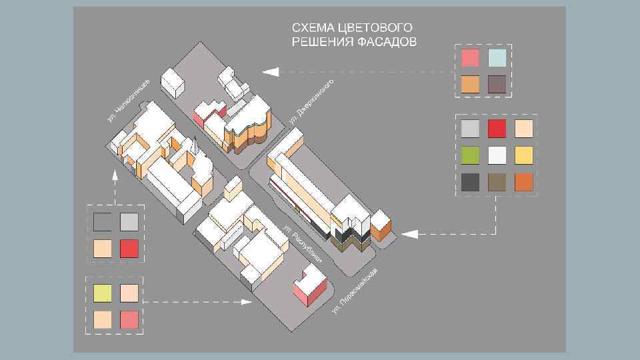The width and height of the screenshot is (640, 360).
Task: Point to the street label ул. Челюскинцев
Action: pyautogui.click(x=128, y=100)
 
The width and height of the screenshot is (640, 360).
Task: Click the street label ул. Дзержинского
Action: pyautogui.click(x=312, y=102)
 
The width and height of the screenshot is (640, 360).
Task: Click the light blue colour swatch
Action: pyautogui.click(x=497, y=58)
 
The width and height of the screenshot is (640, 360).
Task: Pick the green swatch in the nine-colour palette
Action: pyautogui.click(x=470, y=155)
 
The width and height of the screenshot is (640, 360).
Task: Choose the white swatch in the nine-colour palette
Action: pyautogui.click(x=497, y=155)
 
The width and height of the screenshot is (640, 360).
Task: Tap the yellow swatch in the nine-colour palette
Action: pyautogui.click(x=523, y=155)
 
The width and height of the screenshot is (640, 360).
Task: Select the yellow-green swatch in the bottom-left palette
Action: pyautogui.click(x=102, y=293)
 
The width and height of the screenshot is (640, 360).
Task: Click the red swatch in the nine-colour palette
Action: pyautogui.click(x=497, y=129)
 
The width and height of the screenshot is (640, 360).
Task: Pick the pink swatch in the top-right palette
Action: pyautogui.click(x=470, y=58)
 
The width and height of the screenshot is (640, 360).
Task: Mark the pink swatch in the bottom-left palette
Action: pyautogui.click(x=129, y=319)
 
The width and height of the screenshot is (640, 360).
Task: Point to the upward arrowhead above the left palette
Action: pyautogui.click(x=115, y=176)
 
